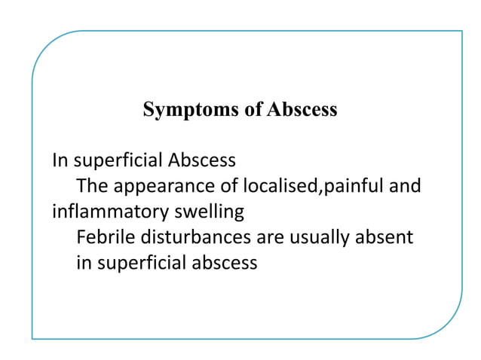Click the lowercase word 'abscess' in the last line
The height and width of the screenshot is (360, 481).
[226, 263]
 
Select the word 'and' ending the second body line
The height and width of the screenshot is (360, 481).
[406, 186]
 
